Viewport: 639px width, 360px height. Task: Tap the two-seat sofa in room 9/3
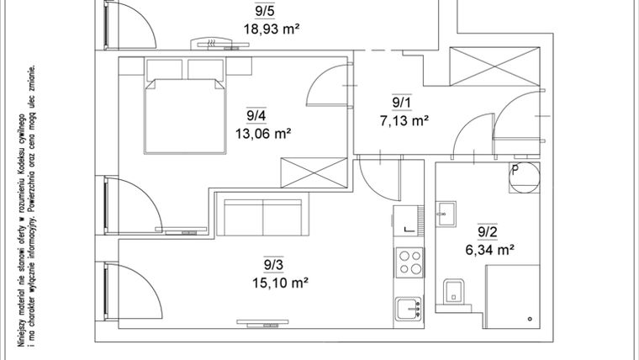(264, 216)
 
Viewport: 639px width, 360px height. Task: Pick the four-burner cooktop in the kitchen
(409, 263)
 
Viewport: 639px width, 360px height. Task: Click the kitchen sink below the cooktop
(409, 309)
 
